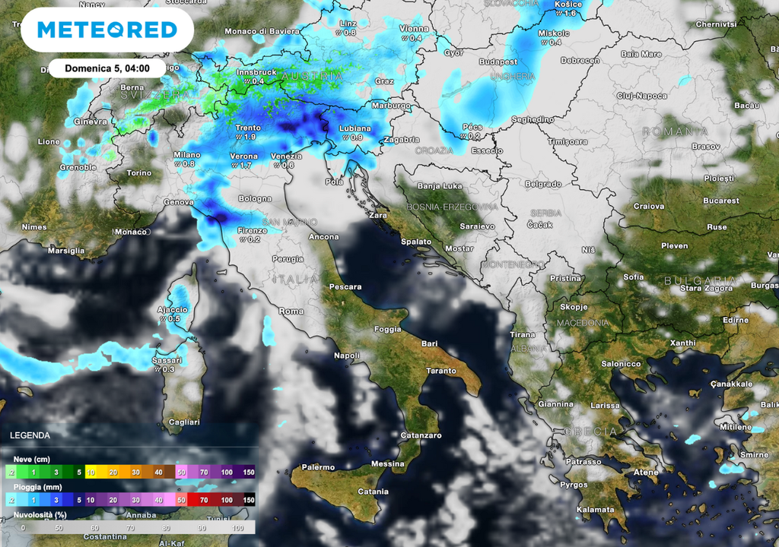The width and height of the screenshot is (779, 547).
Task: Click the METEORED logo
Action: pos(107,30)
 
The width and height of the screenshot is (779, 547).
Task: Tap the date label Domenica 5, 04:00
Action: pos(106,68)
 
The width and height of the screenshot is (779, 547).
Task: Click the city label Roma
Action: pos(291,311)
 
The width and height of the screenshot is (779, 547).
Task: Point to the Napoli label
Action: pos(347,355)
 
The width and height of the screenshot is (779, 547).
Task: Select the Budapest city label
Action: pos(498,61)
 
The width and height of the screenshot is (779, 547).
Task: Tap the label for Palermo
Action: pos(318,467)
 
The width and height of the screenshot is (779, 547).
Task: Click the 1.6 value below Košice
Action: pos(571,14)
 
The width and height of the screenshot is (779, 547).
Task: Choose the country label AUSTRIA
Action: pos(312,77)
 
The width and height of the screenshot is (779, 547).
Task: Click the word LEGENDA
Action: pos(30,435)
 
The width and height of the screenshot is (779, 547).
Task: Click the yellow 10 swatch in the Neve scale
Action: pos(91,472)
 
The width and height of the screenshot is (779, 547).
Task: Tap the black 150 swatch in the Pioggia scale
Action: pos(249,499)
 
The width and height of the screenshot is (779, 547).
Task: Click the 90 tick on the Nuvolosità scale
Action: pos(202,527)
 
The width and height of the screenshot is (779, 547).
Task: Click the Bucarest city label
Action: pos(720,201)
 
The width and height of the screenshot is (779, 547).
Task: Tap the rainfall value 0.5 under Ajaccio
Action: pos(175,319)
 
